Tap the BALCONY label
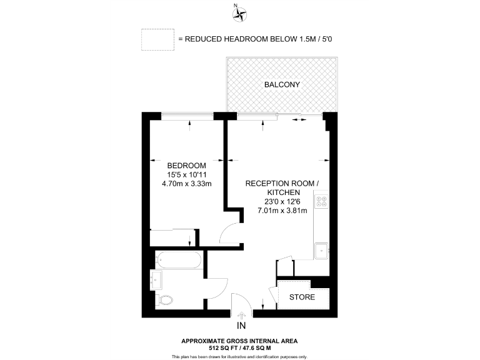click(x=282, y=84)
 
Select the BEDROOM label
click(x=187, y=165)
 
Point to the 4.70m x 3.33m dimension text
click(x=187, y=184)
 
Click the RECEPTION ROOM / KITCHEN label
click(x=282, y=187)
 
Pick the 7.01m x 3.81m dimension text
click(x=282, y=211)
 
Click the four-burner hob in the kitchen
click(x=322, y=202)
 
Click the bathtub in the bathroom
click(x=177, y=258)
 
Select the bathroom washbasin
click(x=157, y=279)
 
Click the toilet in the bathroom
click(x=164, y=300)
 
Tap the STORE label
click(x=302, y=297)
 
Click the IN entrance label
click(x=241, y=326)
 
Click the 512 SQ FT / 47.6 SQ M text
click(x=240, y=347)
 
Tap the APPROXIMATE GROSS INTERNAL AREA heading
click(x=240, y=341)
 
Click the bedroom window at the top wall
click(x=187, y=114)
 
